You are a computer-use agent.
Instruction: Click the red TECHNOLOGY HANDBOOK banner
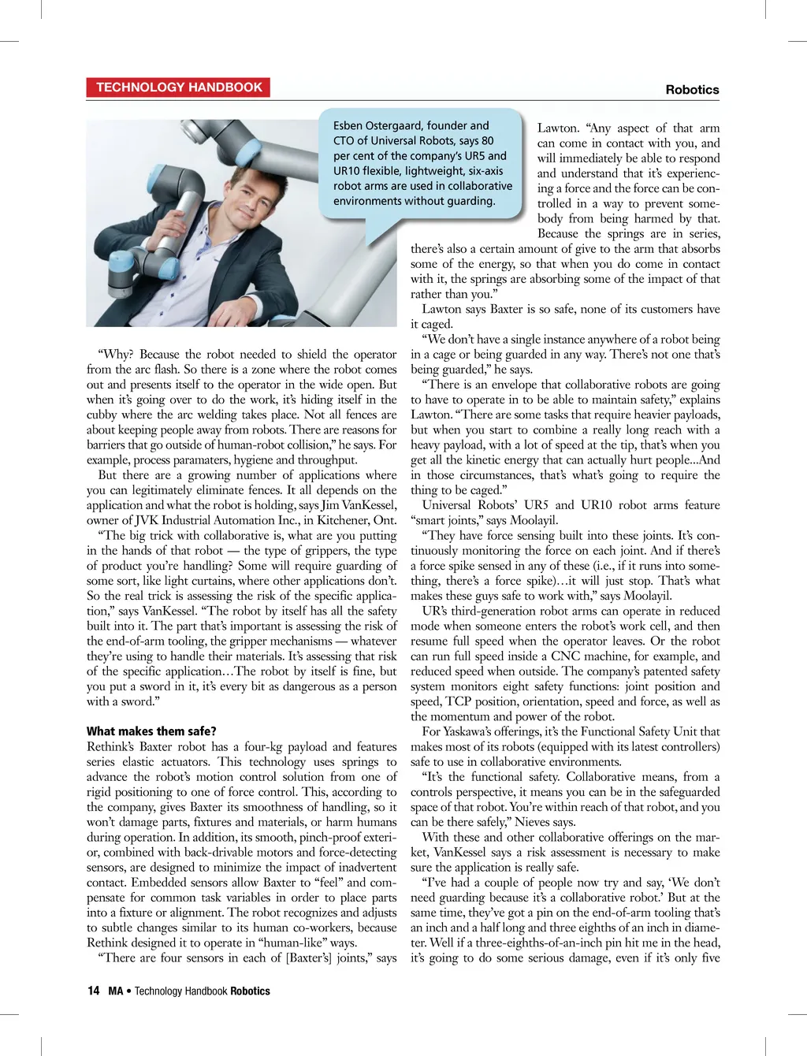click(x=179, y=87)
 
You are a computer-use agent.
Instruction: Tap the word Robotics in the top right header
click(x=692, y=90)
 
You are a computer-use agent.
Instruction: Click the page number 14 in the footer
click(x=93, y=991)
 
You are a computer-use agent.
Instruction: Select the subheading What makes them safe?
click(x=151, y=731)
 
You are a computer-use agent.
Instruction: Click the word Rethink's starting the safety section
click(x=111, y=746)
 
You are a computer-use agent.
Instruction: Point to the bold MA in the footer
click(x=116, y=991)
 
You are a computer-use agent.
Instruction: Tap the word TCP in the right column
click(x=458, y=701)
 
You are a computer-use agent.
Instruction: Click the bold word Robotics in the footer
click(x=250, y=991)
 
